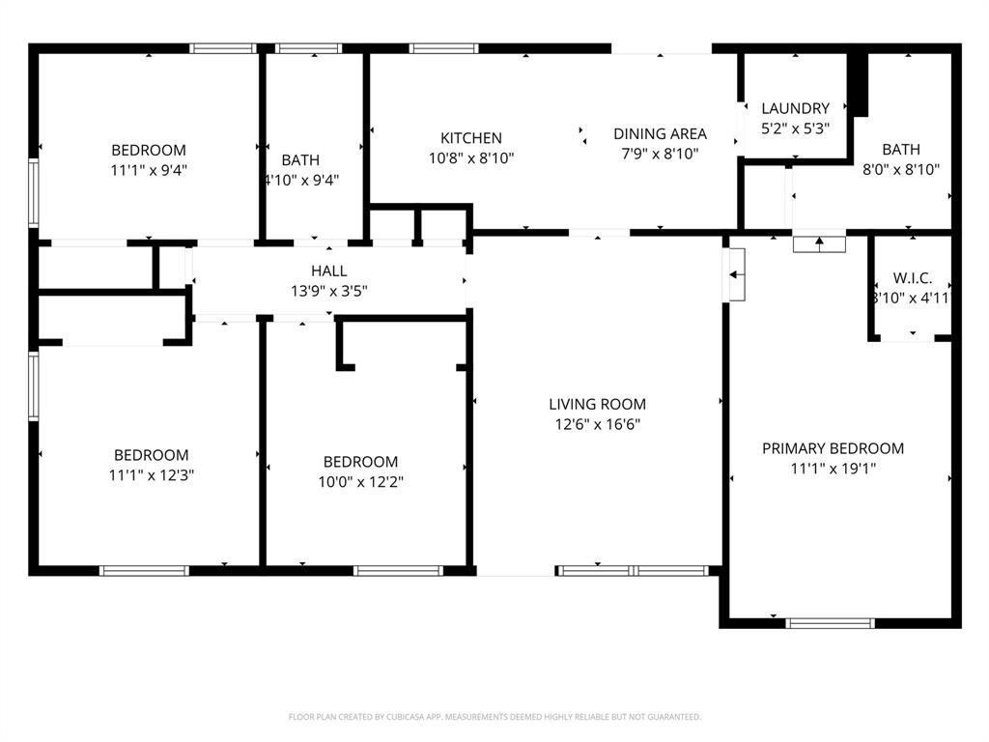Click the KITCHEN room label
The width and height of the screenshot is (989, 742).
click(x=471, y=138)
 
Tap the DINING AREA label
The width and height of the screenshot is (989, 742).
click(x=660, y=134)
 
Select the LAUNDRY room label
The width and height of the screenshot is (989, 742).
click(x=795, y=108)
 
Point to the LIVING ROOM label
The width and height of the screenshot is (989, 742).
click(x=597, y=404)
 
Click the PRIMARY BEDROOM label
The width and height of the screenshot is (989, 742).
click(x=833, y=448)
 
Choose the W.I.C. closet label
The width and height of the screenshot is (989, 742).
click(x=912, y=277)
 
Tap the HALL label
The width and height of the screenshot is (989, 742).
click(x=328, y=271)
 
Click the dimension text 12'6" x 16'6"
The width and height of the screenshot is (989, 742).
click(x=597, y=424)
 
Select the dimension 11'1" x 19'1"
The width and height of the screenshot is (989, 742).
click(x=833, y=469)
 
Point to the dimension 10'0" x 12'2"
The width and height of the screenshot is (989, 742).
click(x=360, y=482)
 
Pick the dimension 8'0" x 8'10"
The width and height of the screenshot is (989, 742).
click(x=900, y=169)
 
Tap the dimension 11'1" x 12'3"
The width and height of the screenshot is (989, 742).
click(x=151, y=475)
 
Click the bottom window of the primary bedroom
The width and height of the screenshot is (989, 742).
click(x=830, y=623)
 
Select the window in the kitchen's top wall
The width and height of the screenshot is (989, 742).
click(x=443, y=48)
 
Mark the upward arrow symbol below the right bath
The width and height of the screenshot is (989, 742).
click(x=819, y=244)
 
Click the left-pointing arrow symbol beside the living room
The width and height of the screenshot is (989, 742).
click(x=735, y=275)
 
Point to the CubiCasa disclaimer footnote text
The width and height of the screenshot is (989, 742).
click(x=494, y=717)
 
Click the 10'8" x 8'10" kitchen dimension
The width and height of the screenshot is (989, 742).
click(x=471, y=158)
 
